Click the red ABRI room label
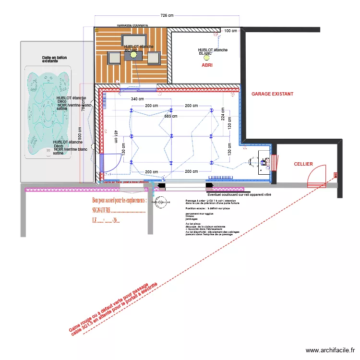[207, 65]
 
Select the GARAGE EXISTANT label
[272, 95]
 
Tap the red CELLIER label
[303, 164]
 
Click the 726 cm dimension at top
[167, 16]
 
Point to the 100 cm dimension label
[230, 31]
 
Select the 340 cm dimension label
[137, 99]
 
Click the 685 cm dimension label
[171, 116]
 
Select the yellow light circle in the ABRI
[200, 58]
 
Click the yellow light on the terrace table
[133, 56]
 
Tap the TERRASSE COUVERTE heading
[132, 24]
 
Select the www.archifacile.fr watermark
[331, 350]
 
